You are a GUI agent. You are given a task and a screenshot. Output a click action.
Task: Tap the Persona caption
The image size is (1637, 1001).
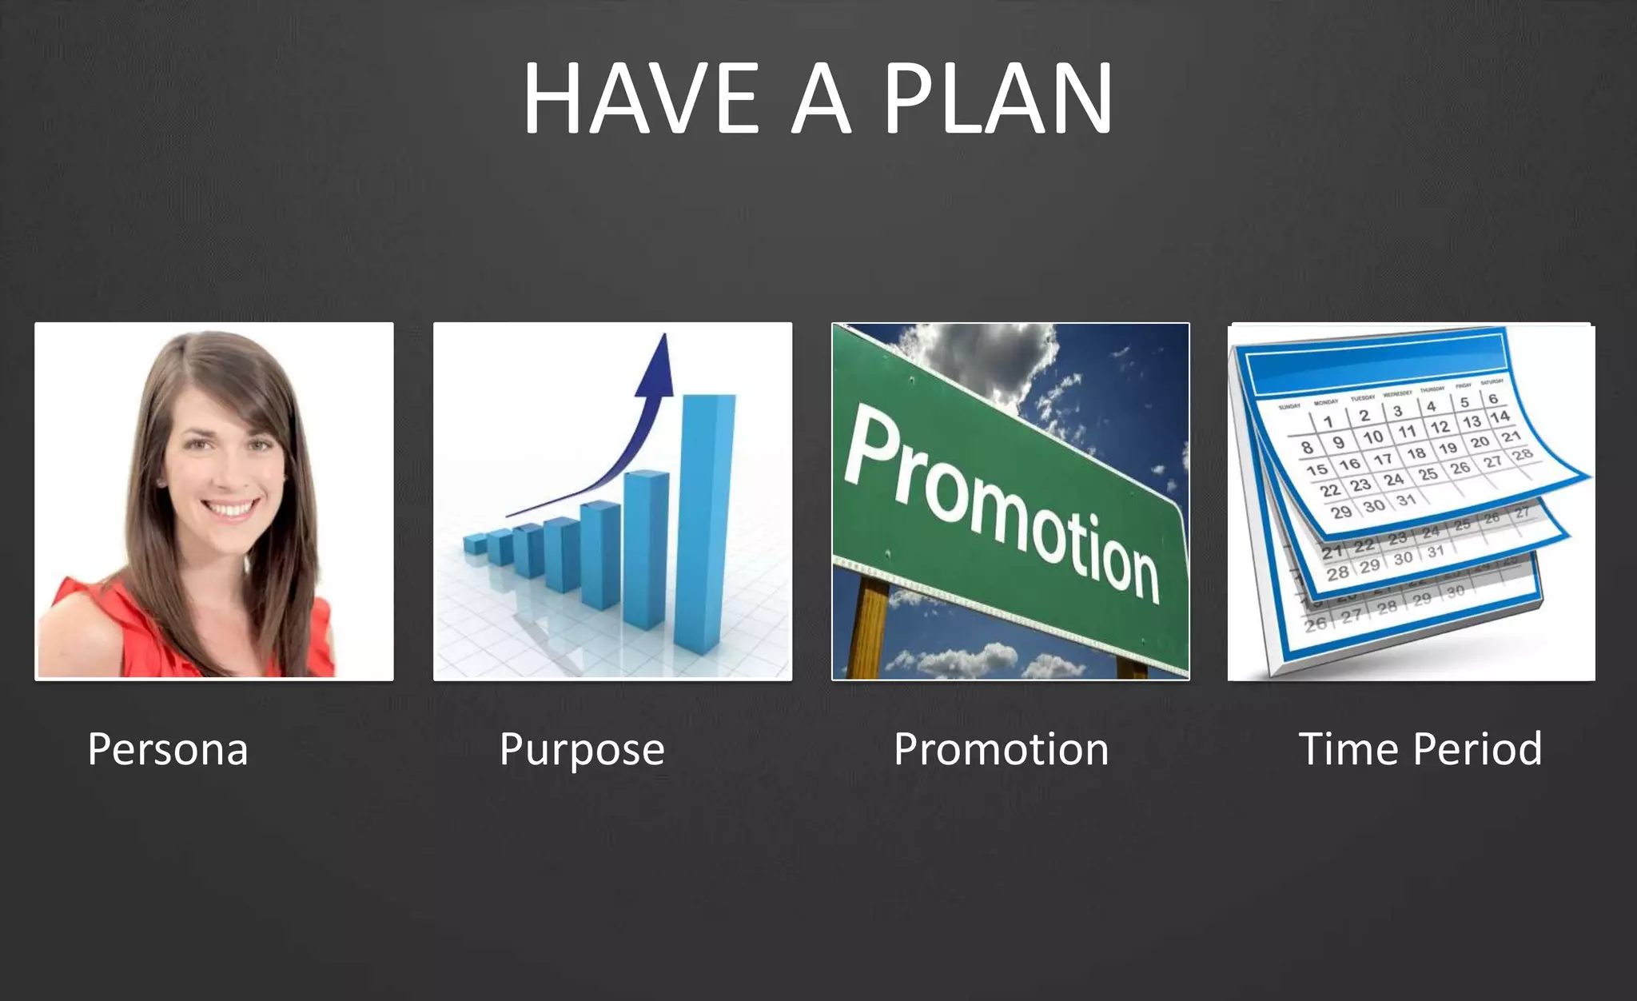(168, 749)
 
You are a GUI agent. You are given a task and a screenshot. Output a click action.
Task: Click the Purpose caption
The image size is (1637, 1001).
(582, 749)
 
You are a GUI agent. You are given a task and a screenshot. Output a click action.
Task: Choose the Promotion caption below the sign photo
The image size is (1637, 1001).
(1001, 749)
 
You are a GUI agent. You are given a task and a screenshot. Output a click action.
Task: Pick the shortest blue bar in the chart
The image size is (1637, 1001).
(475, 544)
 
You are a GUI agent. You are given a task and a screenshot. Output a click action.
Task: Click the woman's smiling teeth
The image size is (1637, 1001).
(231, 508)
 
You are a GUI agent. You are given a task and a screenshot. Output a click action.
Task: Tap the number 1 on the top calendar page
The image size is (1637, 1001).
(1328, 421)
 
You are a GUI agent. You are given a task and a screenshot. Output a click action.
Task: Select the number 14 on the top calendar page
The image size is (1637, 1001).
(1500, 416)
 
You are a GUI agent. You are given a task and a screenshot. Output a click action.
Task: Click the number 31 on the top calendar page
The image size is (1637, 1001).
(1406, 500)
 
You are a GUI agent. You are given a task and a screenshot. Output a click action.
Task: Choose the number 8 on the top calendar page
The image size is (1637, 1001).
(1307, 447)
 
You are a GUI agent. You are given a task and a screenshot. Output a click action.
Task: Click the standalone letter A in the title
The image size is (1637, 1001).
(821, 98)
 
